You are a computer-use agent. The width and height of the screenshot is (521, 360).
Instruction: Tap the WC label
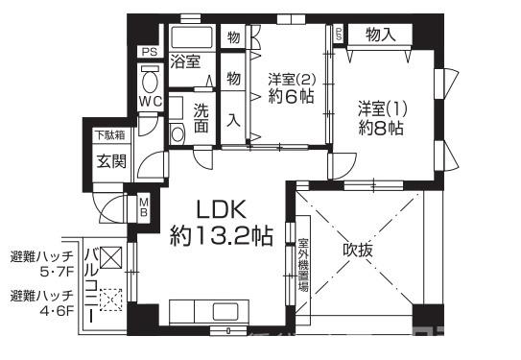(x=152, y=101)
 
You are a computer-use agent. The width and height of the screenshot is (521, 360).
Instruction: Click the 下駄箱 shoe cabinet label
(x=108, y=135)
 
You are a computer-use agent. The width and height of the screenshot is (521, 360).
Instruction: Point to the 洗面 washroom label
(x=201, y=116)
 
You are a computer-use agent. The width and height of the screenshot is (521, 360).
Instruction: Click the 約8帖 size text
(x=380, y=129)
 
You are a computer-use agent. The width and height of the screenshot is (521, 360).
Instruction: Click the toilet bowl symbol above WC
(x=150, y=77)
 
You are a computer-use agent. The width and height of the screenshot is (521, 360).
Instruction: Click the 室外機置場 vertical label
(x=303, y=265)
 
